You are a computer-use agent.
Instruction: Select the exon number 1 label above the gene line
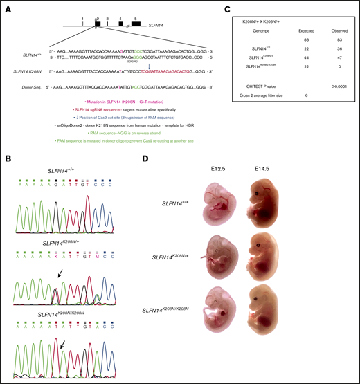(82, 14)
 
